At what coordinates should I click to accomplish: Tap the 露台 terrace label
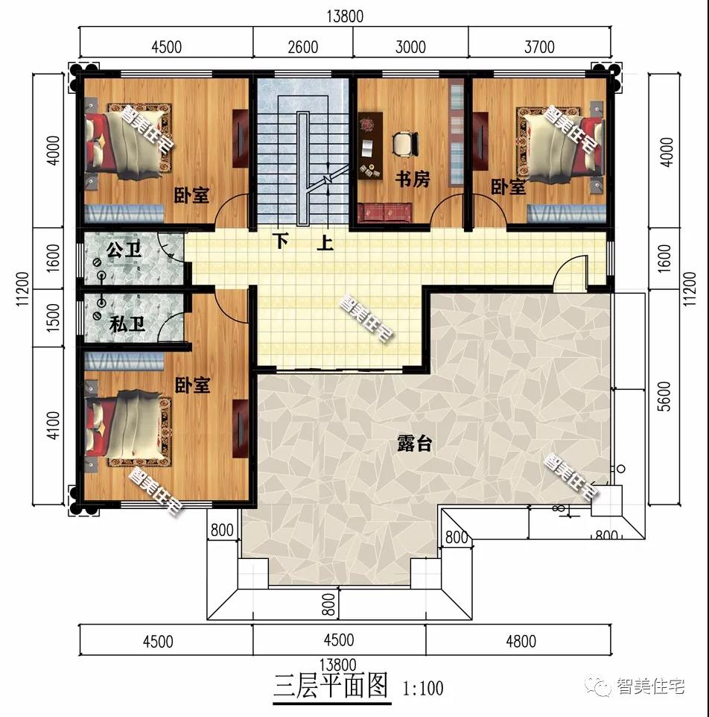(x=414, y=443)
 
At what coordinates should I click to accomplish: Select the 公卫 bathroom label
(x=124, y=250)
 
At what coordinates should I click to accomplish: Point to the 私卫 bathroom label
(x=127, y=324)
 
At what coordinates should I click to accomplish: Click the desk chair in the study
(x=406, y=142)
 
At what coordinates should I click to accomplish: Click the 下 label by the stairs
(x=280, y=241)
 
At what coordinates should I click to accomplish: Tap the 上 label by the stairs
(x=325, y=242)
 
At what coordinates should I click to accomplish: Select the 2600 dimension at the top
(x=303, y=47)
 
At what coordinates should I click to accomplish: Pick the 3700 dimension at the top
(x=539, y=47)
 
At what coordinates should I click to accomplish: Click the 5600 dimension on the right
(x=666, y=397)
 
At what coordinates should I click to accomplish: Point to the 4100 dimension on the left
(x=53, y=426)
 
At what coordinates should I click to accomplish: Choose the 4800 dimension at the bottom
(x=521, y=641)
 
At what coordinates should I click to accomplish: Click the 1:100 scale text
(x=422, y=688)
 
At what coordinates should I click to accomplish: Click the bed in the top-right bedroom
(x=562, y=141)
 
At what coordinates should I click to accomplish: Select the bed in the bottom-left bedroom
(x=128, y=428)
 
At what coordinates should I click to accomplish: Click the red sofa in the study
(x=385, y=212)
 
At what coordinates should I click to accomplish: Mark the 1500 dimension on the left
(x=53, y=318)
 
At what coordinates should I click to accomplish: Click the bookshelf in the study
(x=456, y=133)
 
